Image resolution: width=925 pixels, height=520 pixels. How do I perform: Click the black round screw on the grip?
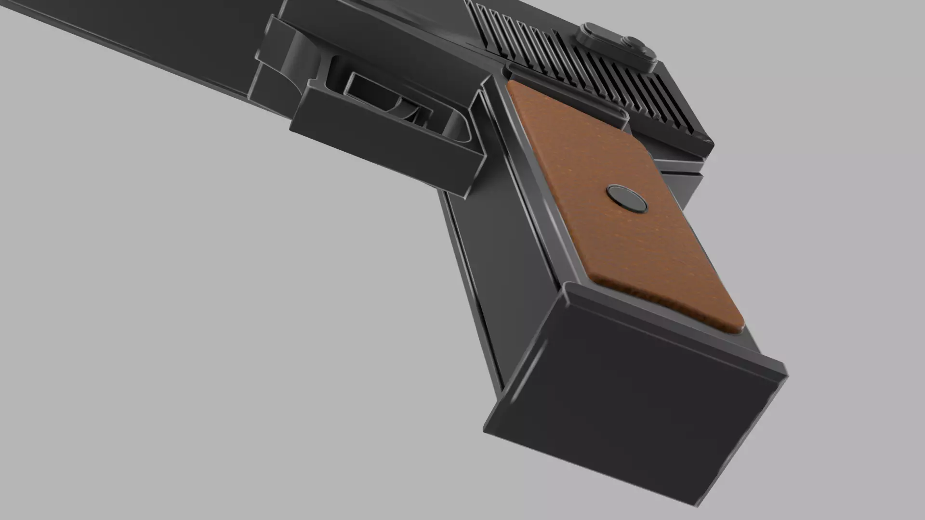(x=626, y=199)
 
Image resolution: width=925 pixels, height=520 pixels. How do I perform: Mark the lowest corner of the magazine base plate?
(x=694, y=506)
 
